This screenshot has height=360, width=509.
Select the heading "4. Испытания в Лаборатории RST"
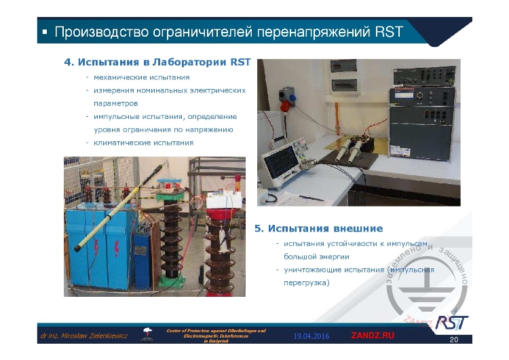tap(157, 62)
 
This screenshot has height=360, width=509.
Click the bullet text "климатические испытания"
tap(144, 143)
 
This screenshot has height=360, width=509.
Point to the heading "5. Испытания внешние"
tap(318, 228)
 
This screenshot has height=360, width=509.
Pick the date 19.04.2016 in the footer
tap(312, 336)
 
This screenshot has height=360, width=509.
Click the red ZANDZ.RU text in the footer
tap(372, 336)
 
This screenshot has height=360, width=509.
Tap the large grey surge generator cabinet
tap(421, 136)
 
